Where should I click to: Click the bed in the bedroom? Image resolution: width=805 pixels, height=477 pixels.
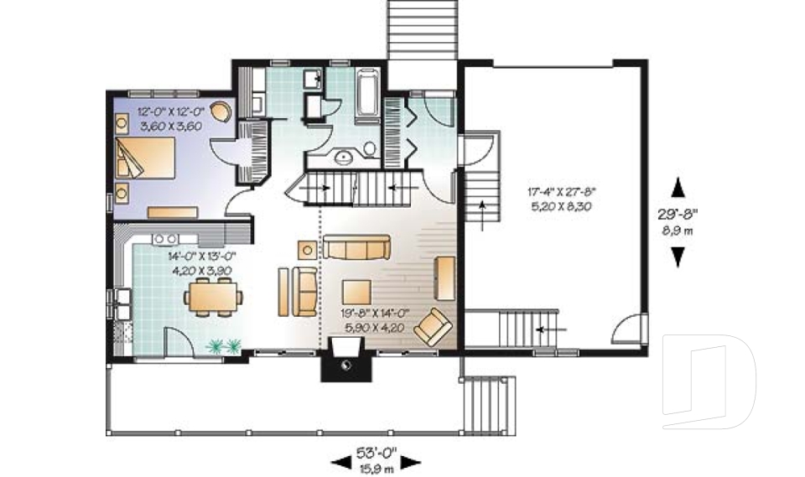(x=151, y=158)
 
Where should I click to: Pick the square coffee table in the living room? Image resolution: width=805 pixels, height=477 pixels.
(x=357, y=290)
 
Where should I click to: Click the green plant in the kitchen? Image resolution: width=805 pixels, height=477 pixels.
(x=224, y=345)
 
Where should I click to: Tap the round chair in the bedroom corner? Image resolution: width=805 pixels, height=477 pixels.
(x=221, y=111)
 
